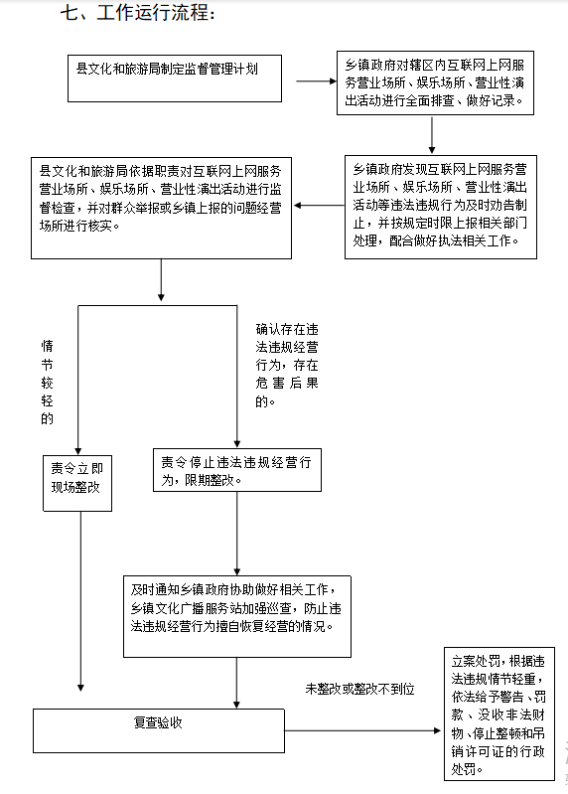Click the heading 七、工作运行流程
pos(138,13)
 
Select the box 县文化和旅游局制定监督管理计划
pos(175,79)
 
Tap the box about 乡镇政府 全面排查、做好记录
pos(435,82)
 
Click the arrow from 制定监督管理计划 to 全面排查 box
pos(316,81)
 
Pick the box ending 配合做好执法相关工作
pos(441,207)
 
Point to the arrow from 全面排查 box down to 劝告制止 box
pos(431,135)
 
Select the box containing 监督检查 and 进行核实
pos(161,208)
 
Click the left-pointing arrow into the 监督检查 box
pos(319,205)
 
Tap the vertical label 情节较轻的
pos(47,383)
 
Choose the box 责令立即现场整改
pos(77,483)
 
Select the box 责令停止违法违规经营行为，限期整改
pos(237,470)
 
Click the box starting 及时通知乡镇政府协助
pos(237,616)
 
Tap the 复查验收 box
pos(159,730)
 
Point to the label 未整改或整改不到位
pos(359,689)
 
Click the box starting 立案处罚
pos(499,714)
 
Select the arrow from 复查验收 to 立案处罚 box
pos(362,730)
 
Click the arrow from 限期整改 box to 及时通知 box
pos(236,534)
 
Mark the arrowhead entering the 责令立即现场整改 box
pos(77,451)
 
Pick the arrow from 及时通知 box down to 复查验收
pos(236,683)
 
